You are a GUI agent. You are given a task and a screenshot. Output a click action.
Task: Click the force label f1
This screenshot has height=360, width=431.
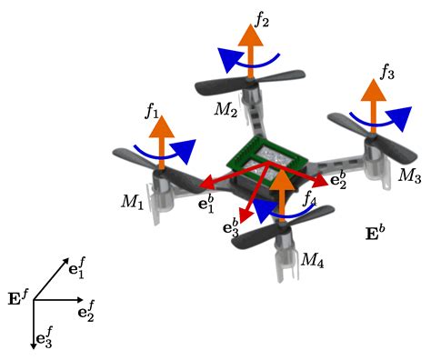tap(152, 114)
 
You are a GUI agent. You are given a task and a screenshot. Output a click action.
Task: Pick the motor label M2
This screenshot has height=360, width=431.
tap(226, 110)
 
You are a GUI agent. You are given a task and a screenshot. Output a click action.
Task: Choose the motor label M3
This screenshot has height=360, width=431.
tap(410, 175)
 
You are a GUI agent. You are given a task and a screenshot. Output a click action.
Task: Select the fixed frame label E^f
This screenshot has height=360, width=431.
tap(17, 295)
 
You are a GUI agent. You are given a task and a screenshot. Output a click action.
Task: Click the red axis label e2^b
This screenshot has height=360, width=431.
tap(338, 178)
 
